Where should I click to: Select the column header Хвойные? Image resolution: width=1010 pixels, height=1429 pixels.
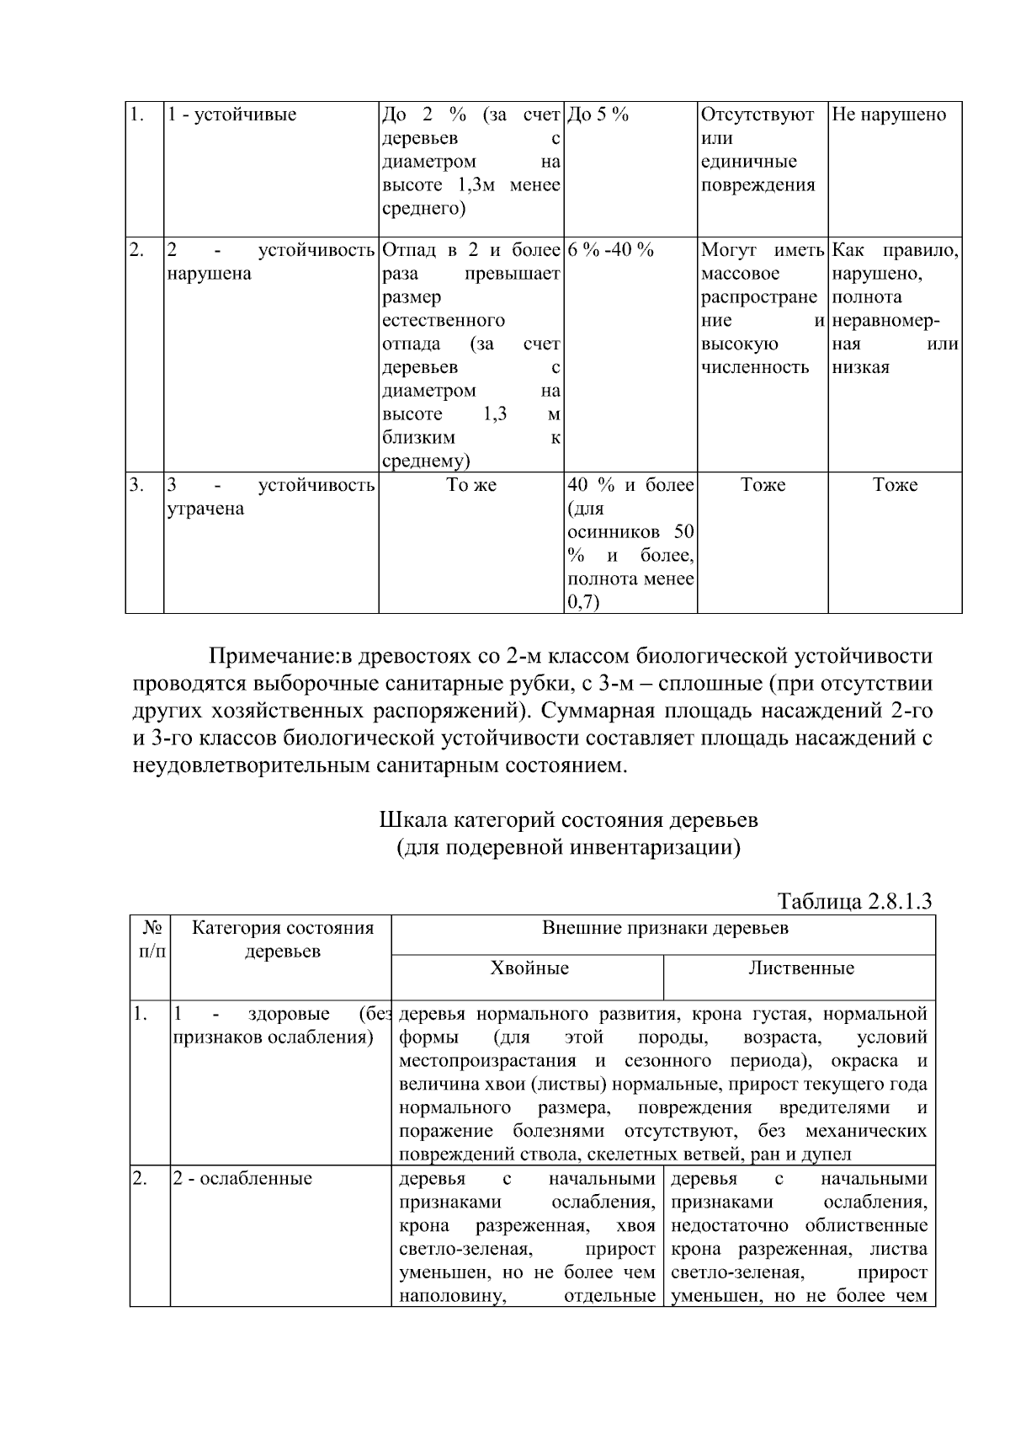(529, 968)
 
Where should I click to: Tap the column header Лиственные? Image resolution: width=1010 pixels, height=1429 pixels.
(800, 968)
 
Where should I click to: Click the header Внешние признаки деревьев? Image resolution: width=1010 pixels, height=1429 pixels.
(664, 929)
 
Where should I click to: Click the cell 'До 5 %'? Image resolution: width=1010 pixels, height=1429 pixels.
(598, 115)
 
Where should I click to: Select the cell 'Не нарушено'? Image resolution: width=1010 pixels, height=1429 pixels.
(889, 115)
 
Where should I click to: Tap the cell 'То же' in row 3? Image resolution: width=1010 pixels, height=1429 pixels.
(471, 485)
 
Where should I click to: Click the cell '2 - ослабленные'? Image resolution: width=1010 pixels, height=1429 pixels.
(242, 1178)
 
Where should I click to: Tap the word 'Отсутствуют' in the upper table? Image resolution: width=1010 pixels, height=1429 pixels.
(757, 115)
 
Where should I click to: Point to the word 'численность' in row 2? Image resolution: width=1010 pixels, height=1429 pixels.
(754, 367)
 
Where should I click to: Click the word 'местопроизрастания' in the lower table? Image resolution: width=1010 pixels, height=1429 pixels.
(482, 1060)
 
